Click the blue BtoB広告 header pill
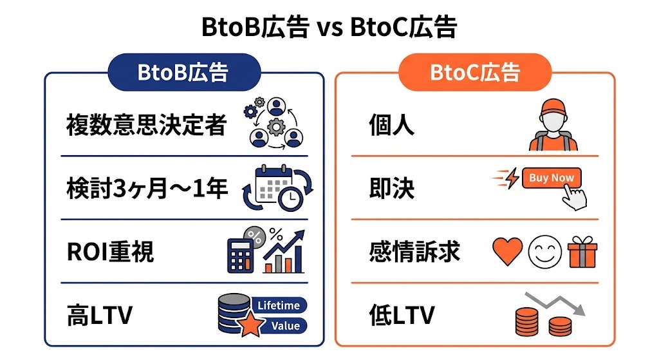(x=183, y=72)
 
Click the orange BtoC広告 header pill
(x=475, y=72)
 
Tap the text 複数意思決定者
(x=147, y=125)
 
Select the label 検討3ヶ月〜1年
(x=147, y=189)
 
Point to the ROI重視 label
(x=111, y=252)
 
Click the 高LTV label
(x=99, y=316)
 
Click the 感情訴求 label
(x=414, y=252)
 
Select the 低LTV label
(x=402, y=316)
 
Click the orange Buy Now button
(x=552, y=178)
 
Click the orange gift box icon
(x=582, y=252)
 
